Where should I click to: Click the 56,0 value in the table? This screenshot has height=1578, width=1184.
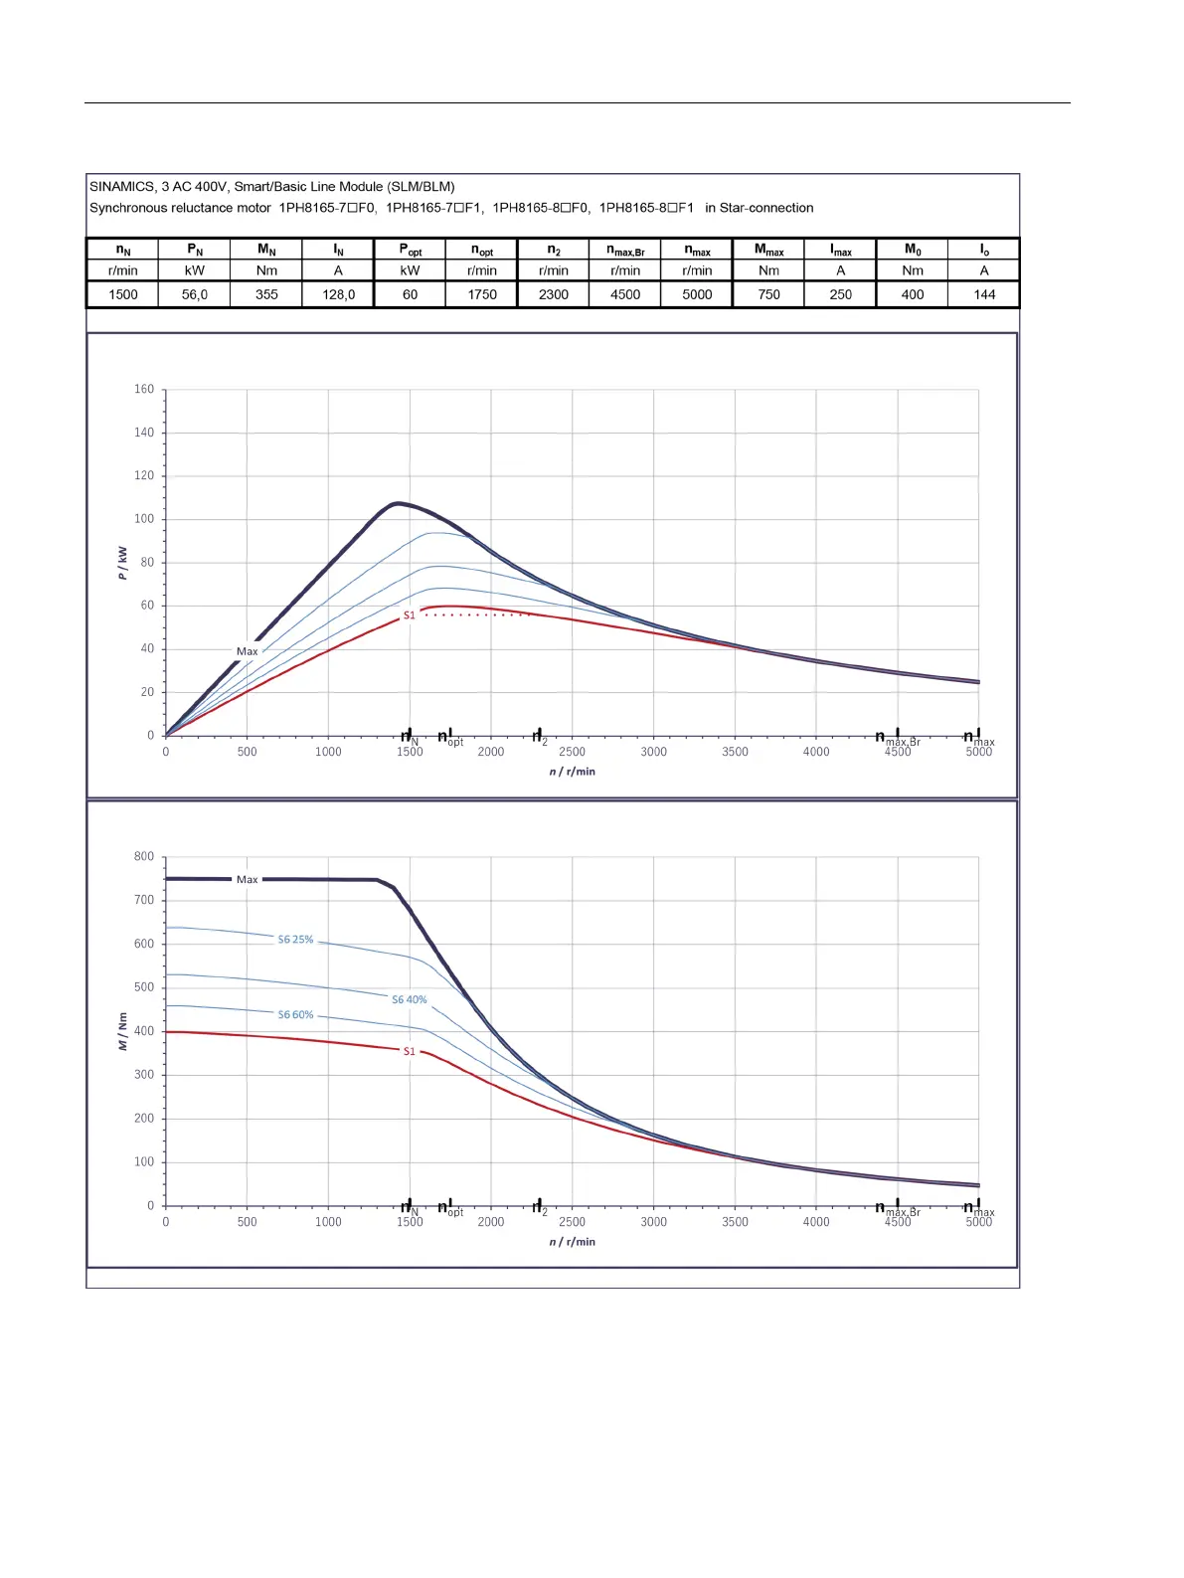(x=195, y=294)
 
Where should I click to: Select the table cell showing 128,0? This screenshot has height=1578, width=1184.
(x=338, y=294)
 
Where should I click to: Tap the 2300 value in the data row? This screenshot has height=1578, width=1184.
(x=554, y=294)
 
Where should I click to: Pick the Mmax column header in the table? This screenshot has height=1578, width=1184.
(x=768, y=250)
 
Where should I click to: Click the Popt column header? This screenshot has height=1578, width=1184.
(x=410, y=250)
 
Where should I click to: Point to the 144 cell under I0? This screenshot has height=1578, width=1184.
(x=984, y=294)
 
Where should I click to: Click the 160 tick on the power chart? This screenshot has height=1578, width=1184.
(x=145, y=389)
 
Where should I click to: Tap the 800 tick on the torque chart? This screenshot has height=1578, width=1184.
(x=144, y=856)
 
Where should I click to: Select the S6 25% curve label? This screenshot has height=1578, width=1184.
(x=295, y=939)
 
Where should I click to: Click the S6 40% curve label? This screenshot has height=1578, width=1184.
(x=409, y=999)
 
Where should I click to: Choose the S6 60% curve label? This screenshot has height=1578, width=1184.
(x=295, y=1014)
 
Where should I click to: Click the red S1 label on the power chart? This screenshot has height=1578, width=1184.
(x=409, y=615)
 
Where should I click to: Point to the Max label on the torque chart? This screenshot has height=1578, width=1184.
(x=247, y=879)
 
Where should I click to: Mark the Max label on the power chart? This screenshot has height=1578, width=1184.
(x=247, y=651)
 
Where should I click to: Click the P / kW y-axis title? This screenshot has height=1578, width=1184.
(x=122, y=563)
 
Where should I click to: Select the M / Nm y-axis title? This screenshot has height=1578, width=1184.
(x=122, y=1031)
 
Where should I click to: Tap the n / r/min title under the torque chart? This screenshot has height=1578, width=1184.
(x=572, y=1241)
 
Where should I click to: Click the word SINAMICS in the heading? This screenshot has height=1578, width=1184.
(x=122, y=186)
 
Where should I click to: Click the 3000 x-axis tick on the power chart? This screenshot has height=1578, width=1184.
(x=653, y=752)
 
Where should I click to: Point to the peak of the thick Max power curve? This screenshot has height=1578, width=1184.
(x=398, y=503)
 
